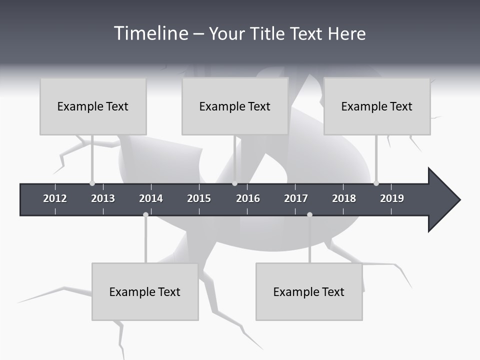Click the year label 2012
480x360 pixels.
[55, 198]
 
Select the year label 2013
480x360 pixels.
[103, 198]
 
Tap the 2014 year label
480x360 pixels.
[151, 198]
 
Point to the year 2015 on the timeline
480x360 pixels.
[199, 198]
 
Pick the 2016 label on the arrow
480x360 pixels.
[248, 198]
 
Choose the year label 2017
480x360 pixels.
[296, 198]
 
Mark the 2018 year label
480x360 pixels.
[344, 198]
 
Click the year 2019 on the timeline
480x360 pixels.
[392, 198]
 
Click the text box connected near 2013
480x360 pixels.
[93, 106]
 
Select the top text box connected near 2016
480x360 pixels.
[235, 106]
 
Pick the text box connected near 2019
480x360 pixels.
[377, 106]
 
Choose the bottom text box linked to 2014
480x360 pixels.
[145, 291]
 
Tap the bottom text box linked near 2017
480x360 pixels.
[309, 291]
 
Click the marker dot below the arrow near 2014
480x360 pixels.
[145, 215]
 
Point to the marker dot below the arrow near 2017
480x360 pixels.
[309, 215]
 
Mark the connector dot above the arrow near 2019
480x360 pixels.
[376, 183]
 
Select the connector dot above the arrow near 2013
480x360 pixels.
[92, 183]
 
